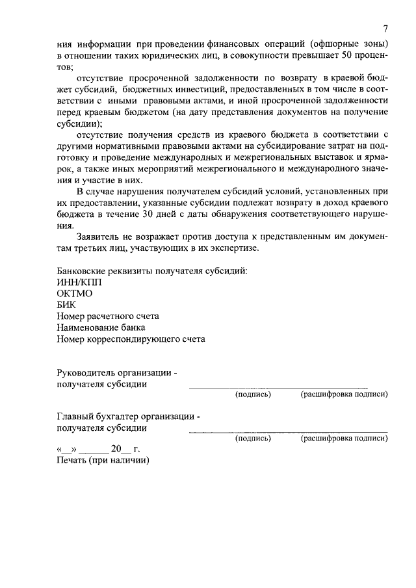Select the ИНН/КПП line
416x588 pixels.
click(x=79, y=283)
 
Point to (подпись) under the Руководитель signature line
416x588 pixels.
click(x=252, y=394)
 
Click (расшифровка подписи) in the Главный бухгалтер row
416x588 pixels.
click(x=344, y=439)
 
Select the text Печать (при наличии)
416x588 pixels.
click(x=103, y=461)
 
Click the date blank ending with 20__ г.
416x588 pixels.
click(x=98, y=450)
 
